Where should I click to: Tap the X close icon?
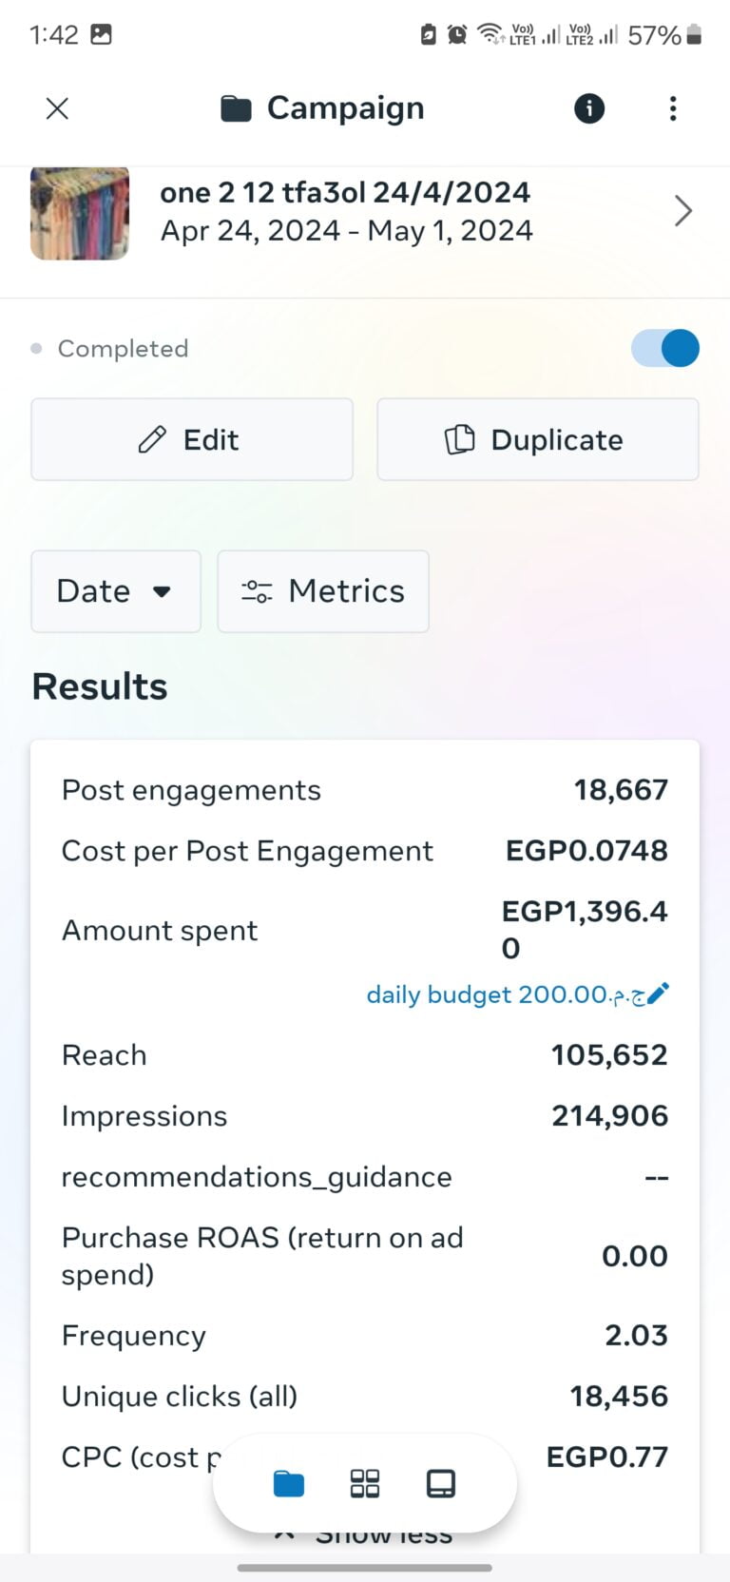pos(57,108)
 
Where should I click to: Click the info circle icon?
pos(589,108)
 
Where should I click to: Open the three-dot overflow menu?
pos(673,108)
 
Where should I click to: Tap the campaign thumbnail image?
pos(80,213)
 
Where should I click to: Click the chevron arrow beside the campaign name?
pos(682,211)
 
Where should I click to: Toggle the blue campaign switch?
pos(665,348)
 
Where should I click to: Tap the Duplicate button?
pos(538,439)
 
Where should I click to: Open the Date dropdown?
pos(116,591)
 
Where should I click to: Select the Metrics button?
pos(323,591)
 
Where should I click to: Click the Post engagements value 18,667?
pos(621,790)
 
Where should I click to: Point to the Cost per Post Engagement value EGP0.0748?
pos(586,851)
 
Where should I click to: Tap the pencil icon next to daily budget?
pos(658,994)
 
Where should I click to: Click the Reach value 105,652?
pos(609,1055)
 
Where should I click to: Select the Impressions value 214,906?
pos(609,1116)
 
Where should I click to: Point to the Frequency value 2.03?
pos(636,1336)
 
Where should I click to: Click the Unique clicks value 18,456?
pos(619,1397)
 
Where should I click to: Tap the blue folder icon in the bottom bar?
pos(289,1483)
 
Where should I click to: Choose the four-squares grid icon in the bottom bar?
pos(365,1483)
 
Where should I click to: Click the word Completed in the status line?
pos(123,349)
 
